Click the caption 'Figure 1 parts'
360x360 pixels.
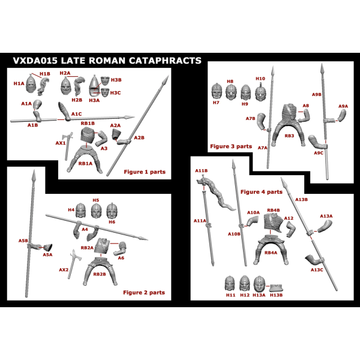(144, 172)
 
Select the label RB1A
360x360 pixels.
(85, 164)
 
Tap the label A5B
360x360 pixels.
(23, 241)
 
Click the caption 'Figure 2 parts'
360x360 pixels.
(143, 293)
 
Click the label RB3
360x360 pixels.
(290, 136)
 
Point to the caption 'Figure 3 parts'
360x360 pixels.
(231, 146)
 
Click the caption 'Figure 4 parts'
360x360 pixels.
(261, 192)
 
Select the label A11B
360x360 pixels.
(201, 171)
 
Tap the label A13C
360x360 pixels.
(317, 271)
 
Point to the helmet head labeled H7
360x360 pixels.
(217, 92)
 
